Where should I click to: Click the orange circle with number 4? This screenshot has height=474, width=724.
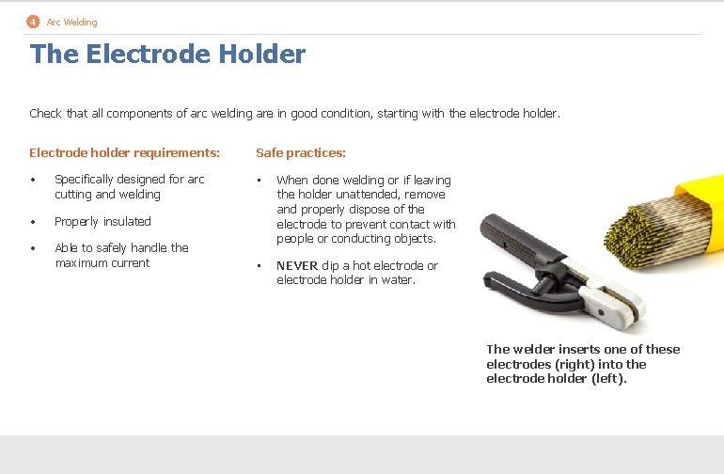click(x=33, y=22)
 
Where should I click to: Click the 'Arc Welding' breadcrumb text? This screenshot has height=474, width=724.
click(x=71, y=22)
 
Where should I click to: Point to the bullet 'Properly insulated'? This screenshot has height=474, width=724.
click(x=102, y=222)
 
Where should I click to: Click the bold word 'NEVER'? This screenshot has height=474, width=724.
click(x=297, y=266)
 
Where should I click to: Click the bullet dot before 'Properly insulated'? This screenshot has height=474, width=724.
click(x=33, y=222)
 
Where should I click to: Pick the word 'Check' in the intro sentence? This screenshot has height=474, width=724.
click(x=45, y=114)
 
